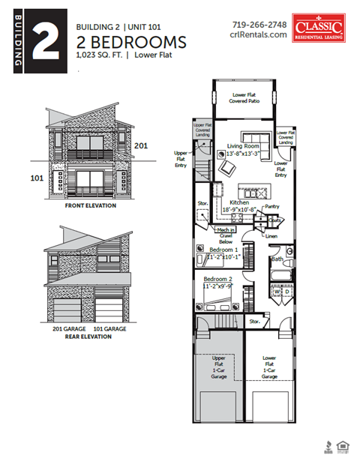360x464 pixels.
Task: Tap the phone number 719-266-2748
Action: [x=259, y=23]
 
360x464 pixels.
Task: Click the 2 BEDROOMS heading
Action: [x=131, y=40]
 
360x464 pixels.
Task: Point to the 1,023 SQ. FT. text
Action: [x=100, y=55]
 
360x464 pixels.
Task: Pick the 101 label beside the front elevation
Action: [x=37, y=178]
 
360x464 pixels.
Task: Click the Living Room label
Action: [x=242, y=147]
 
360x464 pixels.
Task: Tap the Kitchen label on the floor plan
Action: [x=238, y=202]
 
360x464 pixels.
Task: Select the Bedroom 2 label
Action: [x=217, y=278]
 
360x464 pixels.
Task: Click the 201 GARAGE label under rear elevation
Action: [x=68, y=328]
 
